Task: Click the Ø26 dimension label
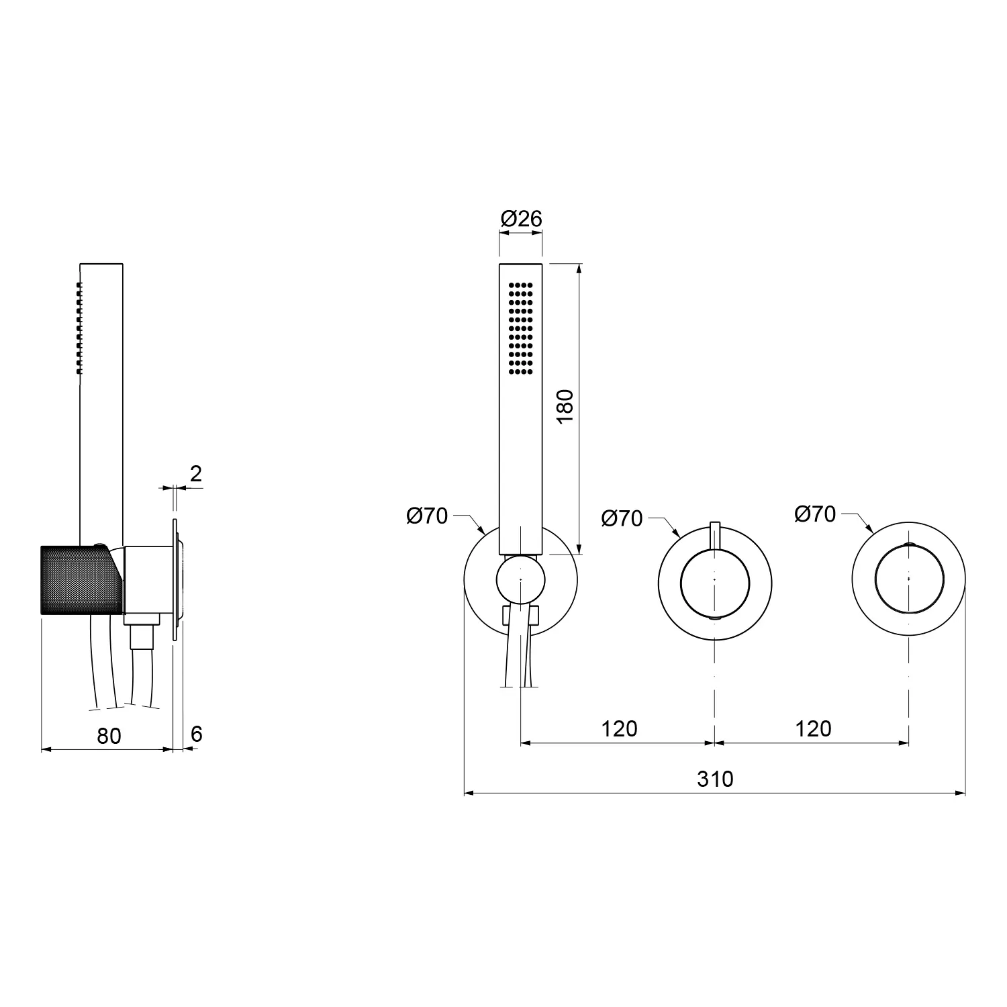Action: tap(521, 219)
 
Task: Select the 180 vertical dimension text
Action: tap(565, 405)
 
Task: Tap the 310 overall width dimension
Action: tap(715, 779)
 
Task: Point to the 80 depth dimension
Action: tap(109, 736)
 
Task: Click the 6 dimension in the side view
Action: tap(196, 734)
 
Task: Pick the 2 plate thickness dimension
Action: tap(195, 474)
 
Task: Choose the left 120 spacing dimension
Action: tap(619, 728)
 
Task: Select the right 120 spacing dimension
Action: tap(813, 728)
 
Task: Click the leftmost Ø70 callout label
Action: tap(427, 516)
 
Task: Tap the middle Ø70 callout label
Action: tap(622, 518)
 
